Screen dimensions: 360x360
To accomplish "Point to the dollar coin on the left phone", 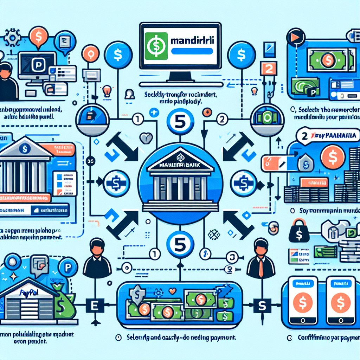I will [x=301, y=302].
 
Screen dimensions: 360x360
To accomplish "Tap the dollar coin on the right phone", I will [x=340, y=302].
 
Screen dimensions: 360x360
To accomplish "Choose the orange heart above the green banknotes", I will [x=172, y=291].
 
